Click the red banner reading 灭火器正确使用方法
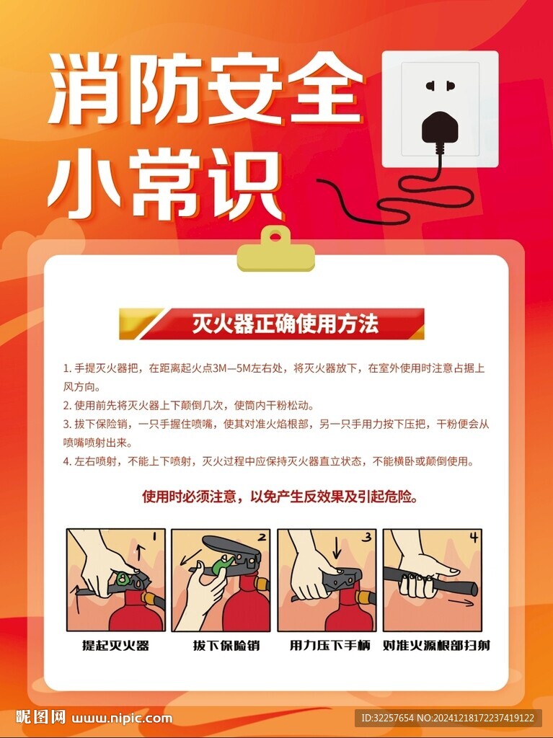tap(272, 324)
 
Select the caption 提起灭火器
tap(116, 645)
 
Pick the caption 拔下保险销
tap(226, 645)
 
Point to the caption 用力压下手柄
tap(329, 645)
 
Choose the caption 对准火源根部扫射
tap(437, 645)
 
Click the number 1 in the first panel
tap(156, 535)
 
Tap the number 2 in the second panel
tap(262, 536)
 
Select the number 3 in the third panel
tap(367, 537)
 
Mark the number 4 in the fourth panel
tap(474, 537)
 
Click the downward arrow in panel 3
tap(336, 548)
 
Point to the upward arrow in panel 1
tap(140, 551)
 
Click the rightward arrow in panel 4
tap(460, 603)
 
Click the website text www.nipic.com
tap(122, 719)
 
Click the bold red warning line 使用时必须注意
tap(280, 497)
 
